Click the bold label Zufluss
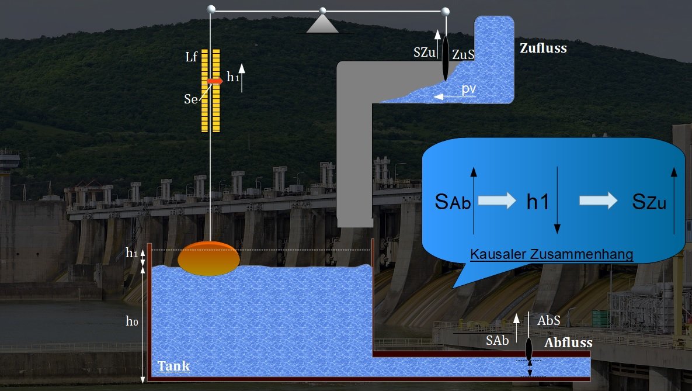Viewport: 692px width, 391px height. (x=543, y=49)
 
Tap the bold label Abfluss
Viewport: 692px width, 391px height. (x=568, y=343)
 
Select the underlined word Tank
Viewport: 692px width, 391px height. (x=173, y=366)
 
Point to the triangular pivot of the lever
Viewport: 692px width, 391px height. (x=322, y=23)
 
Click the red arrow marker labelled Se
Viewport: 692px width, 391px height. (x=214, y=81)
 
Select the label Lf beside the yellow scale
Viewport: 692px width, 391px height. (x=192, y=57)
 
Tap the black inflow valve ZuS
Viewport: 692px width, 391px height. (x=445, y=57)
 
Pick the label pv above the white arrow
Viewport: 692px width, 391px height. (x=468, y=89)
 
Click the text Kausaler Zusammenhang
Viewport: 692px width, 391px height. (x=552, y=254)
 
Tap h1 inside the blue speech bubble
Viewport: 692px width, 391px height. (x=537, y=202)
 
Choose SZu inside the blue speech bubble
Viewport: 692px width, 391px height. (x=649, y=202)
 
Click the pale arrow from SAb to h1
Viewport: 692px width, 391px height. (x=497, y=200)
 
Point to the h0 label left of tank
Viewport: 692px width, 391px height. (x=133, y=321)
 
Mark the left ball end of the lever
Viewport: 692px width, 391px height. (x=211, y=9)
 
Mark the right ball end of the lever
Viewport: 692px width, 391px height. (x=445, y=11)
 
